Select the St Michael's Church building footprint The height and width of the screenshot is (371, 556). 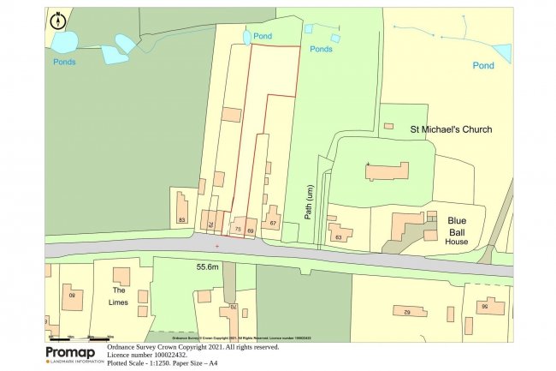(387, 171)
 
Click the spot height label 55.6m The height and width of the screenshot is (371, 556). (209, 267)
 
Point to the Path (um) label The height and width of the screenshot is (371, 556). (311, 203)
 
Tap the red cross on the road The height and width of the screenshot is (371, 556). (217, 247)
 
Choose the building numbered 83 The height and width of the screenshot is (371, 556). (181, 208)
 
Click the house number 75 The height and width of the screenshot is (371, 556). (237, 230)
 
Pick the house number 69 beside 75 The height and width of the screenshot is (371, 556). (251, 230)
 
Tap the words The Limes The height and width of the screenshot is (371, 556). (120, 296)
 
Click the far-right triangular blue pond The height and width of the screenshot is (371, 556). (503, 53)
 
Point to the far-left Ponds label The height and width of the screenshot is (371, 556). (63, 62)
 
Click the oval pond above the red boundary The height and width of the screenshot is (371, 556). (247, 37)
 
